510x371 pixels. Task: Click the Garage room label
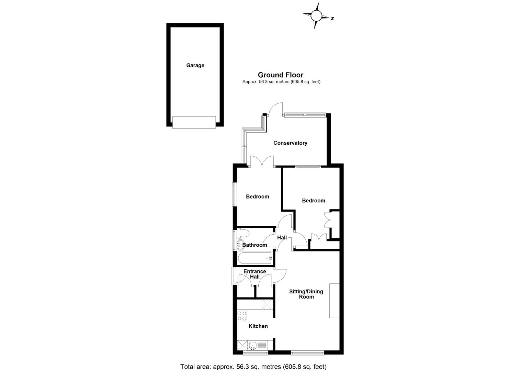coord(195,65)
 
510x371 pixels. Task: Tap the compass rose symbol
coord(316,15)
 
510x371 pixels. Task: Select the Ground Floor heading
coord(280,75)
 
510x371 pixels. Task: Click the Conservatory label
coord(290,143)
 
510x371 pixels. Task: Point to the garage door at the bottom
coord(194,123)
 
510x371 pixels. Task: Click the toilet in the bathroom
coord(243,234)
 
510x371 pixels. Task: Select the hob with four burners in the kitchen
coord(242,316)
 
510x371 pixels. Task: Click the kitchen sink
coord(253,345)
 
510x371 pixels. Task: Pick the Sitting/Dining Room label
coord(306,294)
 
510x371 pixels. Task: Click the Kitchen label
coord(258,326)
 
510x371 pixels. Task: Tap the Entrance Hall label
coord(254,274)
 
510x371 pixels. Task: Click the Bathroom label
coord(255,245)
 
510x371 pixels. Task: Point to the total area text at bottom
coord(253,367)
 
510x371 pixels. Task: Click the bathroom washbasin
coord(240,245)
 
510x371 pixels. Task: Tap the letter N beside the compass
coord(332,19)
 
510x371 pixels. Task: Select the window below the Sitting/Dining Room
coord(307,352)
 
